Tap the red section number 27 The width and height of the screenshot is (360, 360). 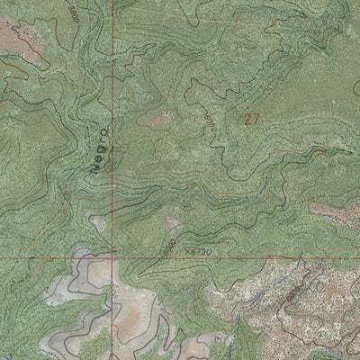253,118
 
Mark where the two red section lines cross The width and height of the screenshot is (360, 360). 112,257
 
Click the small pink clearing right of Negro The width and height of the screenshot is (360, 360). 159,117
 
